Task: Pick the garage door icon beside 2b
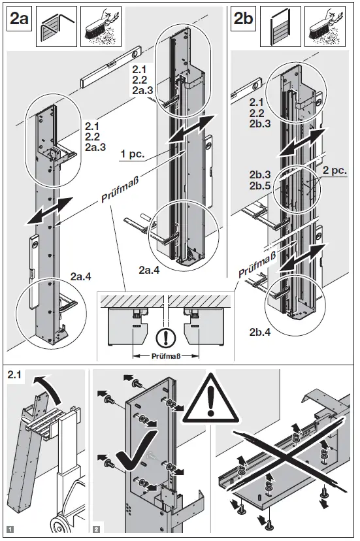[x=276, y=27]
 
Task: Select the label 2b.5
[x=259, y=185]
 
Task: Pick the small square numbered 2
[x=97, y=528]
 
